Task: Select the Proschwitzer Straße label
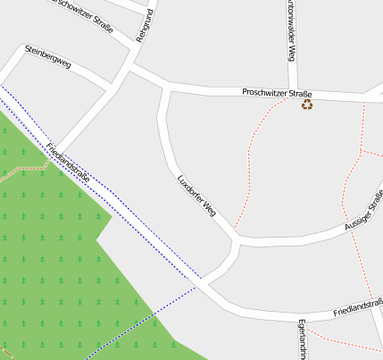(x=277, y=94)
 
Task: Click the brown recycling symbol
(x=307, y=105)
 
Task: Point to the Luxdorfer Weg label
(x=197, y=196)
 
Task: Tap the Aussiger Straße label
(x=364, y=213)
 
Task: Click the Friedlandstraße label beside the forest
(x=68, y=163)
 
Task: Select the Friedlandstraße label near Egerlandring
(x=358, y=308)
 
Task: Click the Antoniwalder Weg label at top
(x=291, y=31)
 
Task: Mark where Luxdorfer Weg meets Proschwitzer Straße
(x=166, y=88)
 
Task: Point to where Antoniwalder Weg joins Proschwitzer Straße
(x=292, y=92)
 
